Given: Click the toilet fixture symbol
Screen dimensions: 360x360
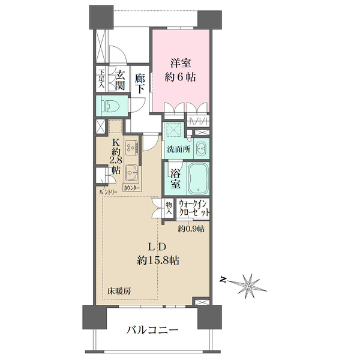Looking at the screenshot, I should [110, 106].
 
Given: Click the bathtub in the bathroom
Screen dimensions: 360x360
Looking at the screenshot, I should [197, 176].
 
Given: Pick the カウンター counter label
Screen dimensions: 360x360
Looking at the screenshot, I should [132, 188].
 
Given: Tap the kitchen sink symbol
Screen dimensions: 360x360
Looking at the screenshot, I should [132, 172].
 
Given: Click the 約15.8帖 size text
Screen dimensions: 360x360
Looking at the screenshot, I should [158, 260].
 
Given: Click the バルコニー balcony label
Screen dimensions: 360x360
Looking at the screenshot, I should [152, 330].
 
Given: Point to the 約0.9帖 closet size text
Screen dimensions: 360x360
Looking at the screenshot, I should [191, 229].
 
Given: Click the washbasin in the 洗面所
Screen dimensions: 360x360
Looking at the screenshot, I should [202, 148].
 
